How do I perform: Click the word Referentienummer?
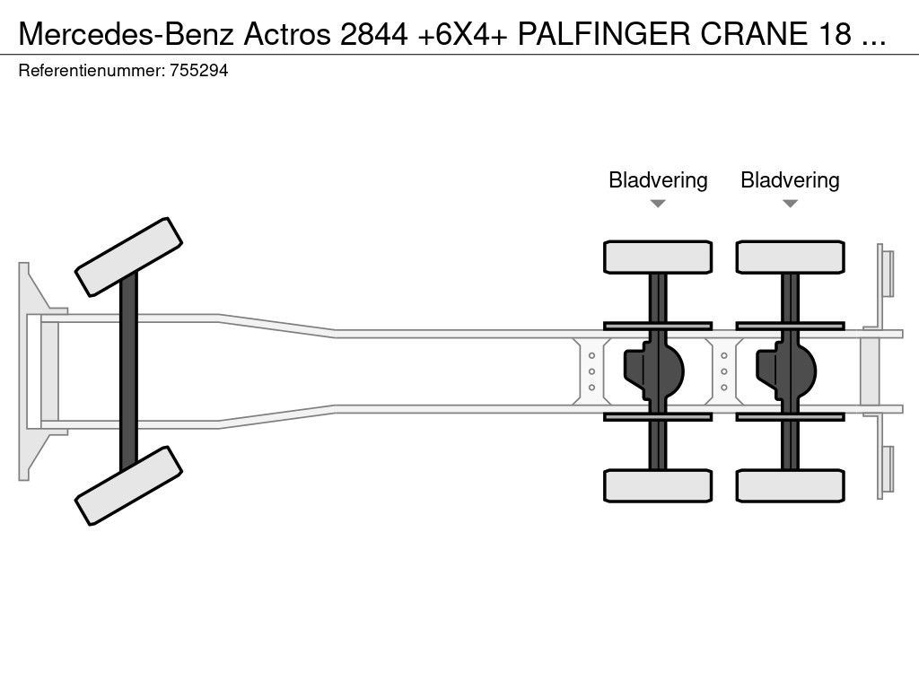click(x=91, y=71)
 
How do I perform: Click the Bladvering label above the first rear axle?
click(x=658, y=180)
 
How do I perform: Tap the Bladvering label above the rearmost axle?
click(x=790, y=180)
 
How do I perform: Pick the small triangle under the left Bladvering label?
click(x=658, y=204)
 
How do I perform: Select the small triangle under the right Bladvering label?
click(x=790, y=204)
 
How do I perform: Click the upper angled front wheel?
click(x=129, y=257)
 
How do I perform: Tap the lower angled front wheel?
click(x=129, y=485)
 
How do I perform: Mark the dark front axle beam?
click(x=129, y=371)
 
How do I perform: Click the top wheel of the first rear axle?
click(x=658, y=257)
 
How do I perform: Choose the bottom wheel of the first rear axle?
click(x=658, y=485)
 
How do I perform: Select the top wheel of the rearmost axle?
click(x=790, y=257)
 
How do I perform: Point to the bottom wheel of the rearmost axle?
click(x=790, y=485)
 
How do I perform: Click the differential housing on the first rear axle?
click(x=655, y=371)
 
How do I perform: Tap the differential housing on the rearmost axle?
click(x=787, y=371)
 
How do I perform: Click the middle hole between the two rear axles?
click(x=723, y=371)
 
